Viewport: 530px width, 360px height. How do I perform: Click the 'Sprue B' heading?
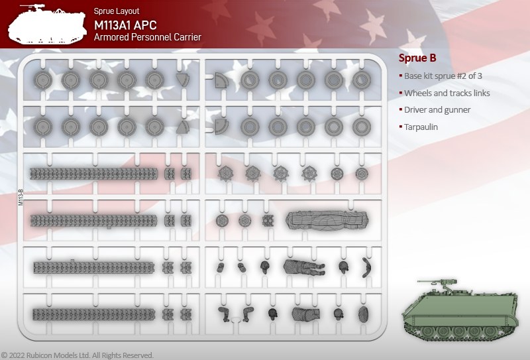pos(417,58)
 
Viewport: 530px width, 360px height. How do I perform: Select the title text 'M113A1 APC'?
pos(125,25)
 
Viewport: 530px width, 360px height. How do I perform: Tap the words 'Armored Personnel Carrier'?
pos(148,37)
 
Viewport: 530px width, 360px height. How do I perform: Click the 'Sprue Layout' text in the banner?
pos(117,11)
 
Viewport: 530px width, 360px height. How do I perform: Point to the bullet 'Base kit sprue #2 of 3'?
pos(443,76)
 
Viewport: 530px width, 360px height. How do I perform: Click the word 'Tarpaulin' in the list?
pos(421,127)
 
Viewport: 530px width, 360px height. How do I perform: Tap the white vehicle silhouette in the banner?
pos(47,25)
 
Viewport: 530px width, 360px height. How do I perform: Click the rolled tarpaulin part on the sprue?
pos(327,220)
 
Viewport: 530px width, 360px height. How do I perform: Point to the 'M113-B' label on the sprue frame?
pos(21,198)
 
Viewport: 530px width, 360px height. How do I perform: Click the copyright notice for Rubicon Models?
pos(78,355)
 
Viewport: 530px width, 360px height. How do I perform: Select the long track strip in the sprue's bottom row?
pos(94,314)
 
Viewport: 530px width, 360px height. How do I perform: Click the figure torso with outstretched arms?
pos(304,267)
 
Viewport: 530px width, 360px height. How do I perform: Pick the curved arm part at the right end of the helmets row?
pos(366,267)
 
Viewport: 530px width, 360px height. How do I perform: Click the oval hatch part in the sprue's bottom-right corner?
pos(364,314)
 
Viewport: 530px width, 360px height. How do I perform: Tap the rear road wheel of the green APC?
pos(490,331)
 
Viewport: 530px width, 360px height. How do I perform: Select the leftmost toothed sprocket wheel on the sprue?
pos(225,174)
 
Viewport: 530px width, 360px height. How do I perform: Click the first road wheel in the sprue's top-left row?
pos(43,80)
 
